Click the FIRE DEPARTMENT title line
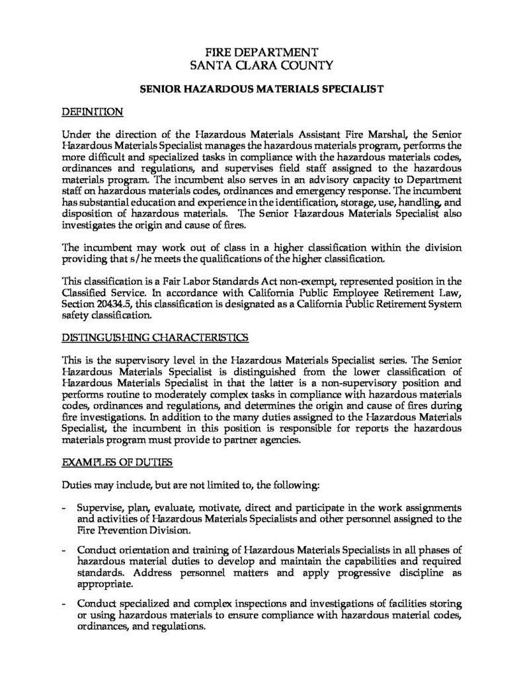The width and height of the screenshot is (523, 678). click(x=261, y=52)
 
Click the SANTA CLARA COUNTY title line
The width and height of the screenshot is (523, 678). click(x=261, y=65)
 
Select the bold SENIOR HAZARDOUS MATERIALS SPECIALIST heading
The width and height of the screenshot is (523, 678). click(x=261, y=88)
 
